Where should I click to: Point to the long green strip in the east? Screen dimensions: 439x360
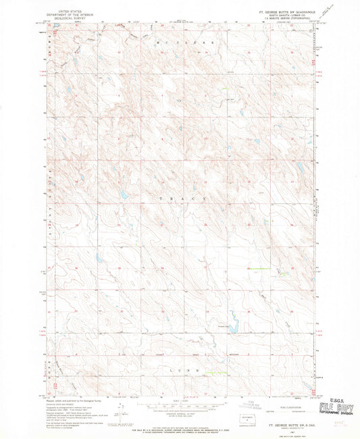[257, 269]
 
